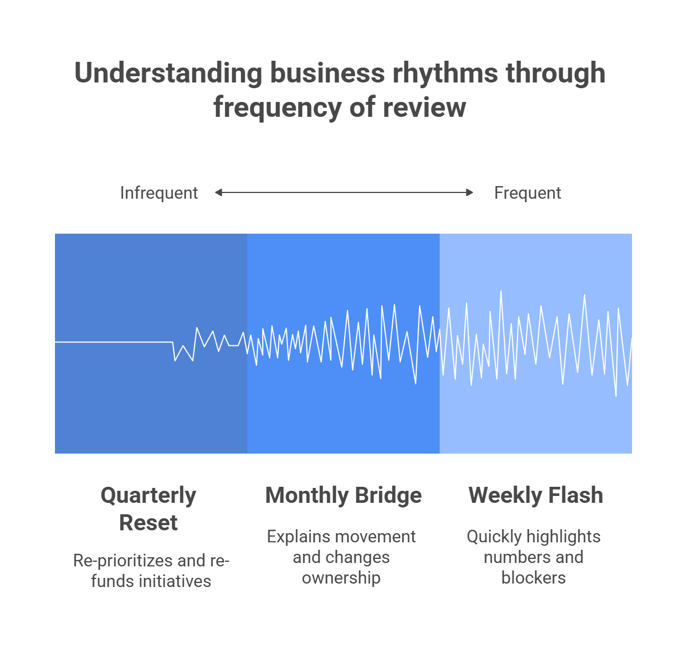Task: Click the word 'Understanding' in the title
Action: pos(168,74)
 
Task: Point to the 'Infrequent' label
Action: pos(159,193)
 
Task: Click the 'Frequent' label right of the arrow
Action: pos(527,193)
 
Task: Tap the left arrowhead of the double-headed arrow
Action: pos(219,193)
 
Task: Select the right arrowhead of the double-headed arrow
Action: pos(469,193)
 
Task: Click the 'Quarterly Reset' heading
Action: pos(148,509)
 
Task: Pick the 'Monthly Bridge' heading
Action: pos(343,495)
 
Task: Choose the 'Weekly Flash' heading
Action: pos(536,495)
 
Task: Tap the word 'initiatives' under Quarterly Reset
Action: pos(175,581)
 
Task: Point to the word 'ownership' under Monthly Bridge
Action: pos(341,578)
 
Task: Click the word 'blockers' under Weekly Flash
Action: pos(534,578)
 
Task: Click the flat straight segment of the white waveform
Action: pos(114,342)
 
